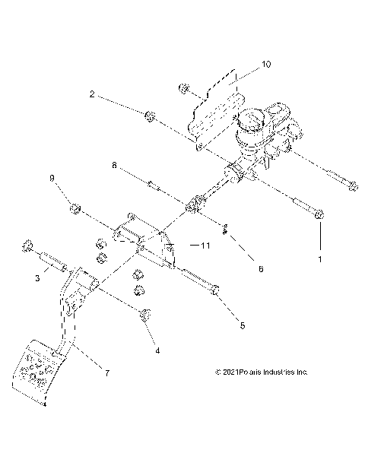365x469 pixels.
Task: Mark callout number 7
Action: click(107, 373)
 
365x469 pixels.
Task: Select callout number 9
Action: click(52, 179)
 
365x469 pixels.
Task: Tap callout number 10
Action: click(265, 65)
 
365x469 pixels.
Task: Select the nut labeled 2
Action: click(150, 116)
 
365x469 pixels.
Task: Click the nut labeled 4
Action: click(144, 315)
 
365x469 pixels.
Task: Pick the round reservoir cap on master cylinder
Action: click(251, 121)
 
